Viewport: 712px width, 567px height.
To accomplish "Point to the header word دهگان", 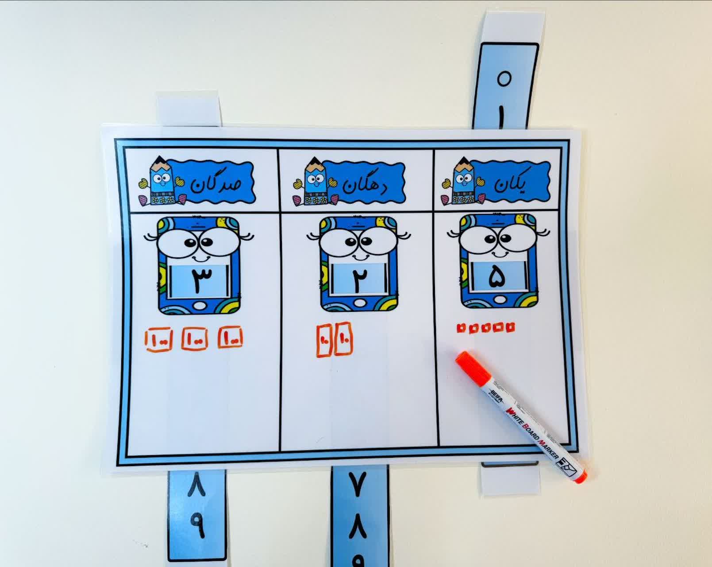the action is (363, 184).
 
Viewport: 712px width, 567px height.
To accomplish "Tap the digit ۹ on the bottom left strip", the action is (197, 525).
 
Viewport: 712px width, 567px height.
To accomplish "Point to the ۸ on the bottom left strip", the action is (198, 485).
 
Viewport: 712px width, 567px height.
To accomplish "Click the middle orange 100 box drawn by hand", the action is (195, 338).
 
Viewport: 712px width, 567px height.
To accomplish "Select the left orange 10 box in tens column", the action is (324, 341).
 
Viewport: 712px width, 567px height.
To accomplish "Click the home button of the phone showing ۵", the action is (498, 300).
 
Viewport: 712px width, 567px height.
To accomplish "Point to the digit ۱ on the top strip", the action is (501, 117).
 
